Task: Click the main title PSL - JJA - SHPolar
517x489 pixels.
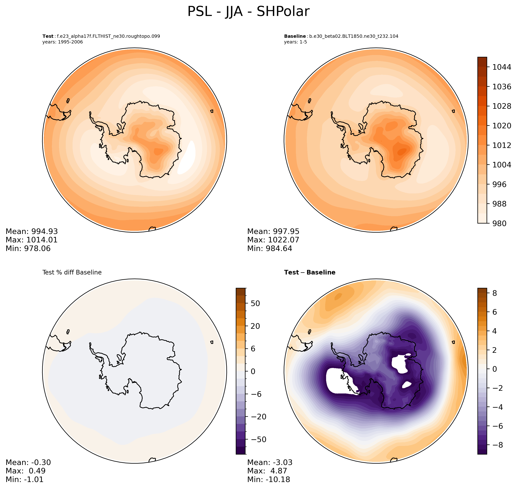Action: pyautogui.click(x=248, y=12)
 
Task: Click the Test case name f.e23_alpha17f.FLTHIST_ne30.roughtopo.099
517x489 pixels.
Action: pyautogui.click(x=108, y=36)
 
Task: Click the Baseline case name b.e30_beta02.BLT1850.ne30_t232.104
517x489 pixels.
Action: pyautogui.click(x=353, y=36)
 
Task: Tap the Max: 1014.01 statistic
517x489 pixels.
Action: pyautogui.click(x=32, y=240)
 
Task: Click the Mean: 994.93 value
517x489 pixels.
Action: pyautogui.click(x=32, y=231)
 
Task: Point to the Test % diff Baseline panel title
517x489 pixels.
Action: pyautogui.click(x=72, y=273)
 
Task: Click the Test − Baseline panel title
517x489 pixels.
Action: pyautogui.click(x=309, y=273)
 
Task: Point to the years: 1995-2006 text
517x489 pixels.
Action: pyautogui.click(x=62, y=42)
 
